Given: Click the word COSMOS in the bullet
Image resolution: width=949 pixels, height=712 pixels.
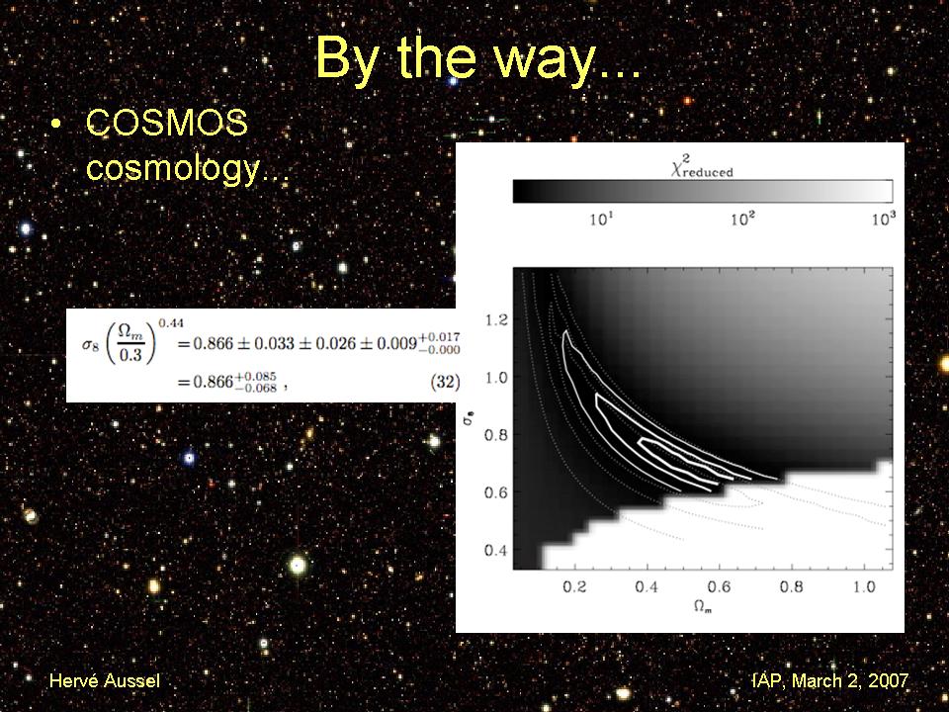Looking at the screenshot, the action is (167, 123).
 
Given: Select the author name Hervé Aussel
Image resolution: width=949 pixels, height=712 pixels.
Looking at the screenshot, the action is (105, 680).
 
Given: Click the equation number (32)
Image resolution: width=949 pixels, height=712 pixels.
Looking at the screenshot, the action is (445, 382).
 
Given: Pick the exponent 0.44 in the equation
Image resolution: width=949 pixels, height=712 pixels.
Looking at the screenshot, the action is (171, 324).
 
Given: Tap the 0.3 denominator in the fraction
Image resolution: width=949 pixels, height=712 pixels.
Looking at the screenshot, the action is (129, 355).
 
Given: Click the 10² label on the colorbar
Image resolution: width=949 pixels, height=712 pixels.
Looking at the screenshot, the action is (743, 218).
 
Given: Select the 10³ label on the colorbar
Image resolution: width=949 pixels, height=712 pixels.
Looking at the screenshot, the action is (884, 218).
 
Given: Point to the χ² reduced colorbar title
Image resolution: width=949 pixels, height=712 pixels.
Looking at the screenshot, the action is (702, 166).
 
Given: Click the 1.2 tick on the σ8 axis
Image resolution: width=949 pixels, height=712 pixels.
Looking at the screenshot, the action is (496, 319).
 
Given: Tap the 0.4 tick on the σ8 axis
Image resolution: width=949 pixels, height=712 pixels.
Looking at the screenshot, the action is (496, 551).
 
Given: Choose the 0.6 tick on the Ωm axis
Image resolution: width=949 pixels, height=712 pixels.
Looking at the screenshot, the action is (719, 586).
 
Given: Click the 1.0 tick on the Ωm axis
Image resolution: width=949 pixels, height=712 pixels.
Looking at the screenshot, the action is (864, 586).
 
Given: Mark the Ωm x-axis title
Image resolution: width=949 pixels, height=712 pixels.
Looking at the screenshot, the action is (703, 606).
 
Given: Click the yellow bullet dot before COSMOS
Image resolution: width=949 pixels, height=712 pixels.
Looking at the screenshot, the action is (55, 124).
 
